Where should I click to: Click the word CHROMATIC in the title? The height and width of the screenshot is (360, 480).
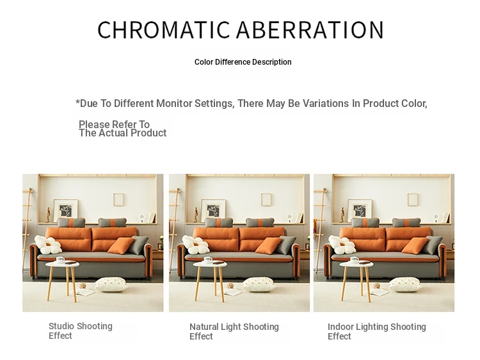coord(163,29)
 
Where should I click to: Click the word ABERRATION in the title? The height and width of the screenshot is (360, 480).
coord(310,29)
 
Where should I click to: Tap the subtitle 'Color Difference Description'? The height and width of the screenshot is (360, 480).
coord(243,62)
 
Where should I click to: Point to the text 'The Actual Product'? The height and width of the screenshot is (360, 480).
coord(122,133)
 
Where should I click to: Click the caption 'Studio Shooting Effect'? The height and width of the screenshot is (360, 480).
coord(81,331)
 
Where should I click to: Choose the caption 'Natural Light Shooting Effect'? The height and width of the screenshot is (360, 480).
coord(234,332)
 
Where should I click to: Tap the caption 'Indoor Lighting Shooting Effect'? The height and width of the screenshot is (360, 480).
coord(377,332)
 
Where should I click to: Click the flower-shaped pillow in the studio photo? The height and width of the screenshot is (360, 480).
coord(47,245)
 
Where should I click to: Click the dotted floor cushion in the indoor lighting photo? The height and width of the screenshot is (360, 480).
coord(404,284)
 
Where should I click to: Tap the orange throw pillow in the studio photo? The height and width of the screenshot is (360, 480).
coord(121,246)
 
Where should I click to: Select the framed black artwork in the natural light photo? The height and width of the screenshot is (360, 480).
coord(213,211)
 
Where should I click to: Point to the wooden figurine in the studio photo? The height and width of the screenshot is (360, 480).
coord(48,215)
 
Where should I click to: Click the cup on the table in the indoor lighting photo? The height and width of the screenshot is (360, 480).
coord(355,260)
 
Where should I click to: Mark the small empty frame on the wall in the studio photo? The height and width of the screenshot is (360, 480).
coord(118,200)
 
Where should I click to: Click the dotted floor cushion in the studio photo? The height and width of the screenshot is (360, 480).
coord(111,284)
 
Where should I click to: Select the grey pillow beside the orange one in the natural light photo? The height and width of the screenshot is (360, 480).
coord(287,245)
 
